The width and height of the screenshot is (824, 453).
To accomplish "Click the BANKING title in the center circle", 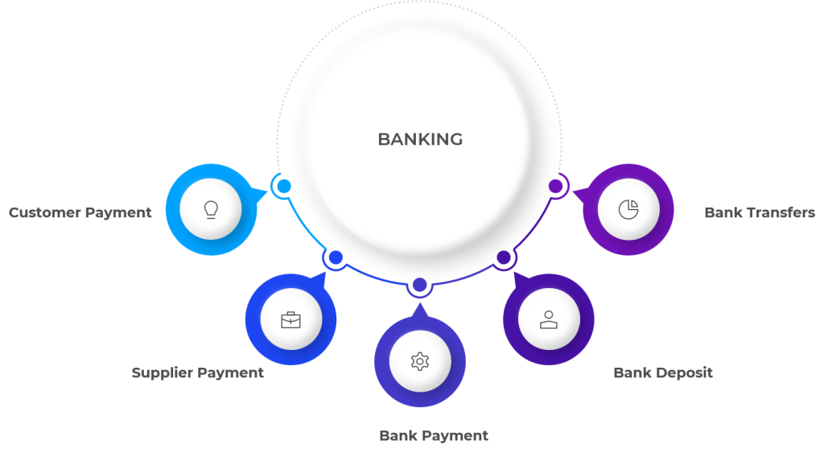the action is pos(420,139).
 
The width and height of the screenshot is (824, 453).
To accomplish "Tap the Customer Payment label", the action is pos(80,213).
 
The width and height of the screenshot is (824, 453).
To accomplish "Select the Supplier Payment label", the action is pos(198,373).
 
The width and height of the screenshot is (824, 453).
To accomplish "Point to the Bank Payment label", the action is pos(434,435).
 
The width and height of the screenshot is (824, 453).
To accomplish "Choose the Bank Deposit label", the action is pos(663,373).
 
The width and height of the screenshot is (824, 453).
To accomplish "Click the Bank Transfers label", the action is pos(760,212).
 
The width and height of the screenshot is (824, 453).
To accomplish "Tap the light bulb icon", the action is pos(211,210).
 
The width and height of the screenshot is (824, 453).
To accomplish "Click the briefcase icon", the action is pos(290,319).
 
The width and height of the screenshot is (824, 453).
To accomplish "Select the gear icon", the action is pos(420,361).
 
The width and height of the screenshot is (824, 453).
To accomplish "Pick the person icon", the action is pos(549,319).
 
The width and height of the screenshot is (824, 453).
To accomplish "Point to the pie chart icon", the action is pos(628,209).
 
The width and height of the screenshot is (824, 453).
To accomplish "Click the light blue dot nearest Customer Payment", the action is pos(284,186).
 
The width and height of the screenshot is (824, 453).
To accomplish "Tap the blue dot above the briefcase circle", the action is pos(336,257).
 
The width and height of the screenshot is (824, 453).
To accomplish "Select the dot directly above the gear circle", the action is pos(419,285).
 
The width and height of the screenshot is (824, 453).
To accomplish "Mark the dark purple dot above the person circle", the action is pos(504,257).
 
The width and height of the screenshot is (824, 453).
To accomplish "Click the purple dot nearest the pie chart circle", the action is pos(555,186).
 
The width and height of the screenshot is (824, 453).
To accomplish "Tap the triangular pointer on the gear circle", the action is pos(419,311).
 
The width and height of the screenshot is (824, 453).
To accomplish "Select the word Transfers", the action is pos(781,212).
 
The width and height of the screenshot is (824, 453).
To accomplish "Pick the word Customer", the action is pos(45,213).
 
